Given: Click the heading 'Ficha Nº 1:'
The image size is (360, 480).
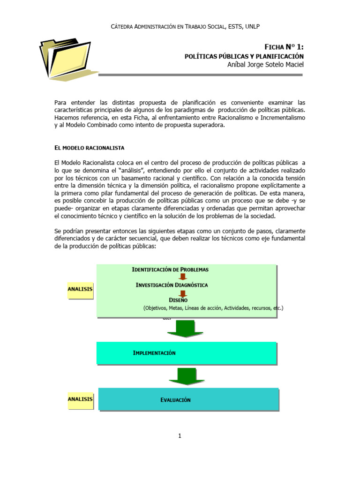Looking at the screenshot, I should click(284, 46).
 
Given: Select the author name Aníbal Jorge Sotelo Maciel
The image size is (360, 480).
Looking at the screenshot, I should click(265, 64).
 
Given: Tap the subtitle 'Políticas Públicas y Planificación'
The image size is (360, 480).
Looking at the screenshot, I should click(244, 56).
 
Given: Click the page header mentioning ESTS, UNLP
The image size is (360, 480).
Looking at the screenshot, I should click(188, 27).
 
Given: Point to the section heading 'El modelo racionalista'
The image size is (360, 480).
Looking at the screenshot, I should click(90, 148).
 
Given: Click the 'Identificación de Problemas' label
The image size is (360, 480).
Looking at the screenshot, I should click(170, 270).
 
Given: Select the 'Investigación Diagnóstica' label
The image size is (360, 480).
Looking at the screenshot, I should click(172, 285).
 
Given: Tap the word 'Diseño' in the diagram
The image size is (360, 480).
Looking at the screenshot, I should click(178, 300).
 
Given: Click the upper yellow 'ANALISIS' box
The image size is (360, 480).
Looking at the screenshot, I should click(80, 290).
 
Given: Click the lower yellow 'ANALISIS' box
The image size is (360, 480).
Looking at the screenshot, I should click(80, 399).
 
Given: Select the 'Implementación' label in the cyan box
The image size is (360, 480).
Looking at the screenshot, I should click(154, 353).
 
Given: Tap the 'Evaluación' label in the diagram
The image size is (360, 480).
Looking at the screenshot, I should click(176, 400).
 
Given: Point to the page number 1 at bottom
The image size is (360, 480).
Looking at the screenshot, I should click(180, 436).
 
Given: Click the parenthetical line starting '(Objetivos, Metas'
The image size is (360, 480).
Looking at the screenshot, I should click(213, 308).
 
